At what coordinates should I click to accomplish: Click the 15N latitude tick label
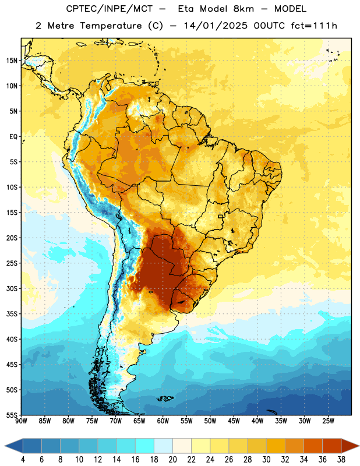pos(12,61)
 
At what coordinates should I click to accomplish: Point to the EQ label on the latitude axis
pos(13,137)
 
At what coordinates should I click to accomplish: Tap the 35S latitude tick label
pos(12,314)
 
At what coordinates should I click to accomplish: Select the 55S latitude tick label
pos(12,415)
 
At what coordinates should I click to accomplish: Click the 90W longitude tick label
pos(21,421)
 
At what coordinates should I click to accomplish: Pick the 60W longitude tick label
pos(163,421)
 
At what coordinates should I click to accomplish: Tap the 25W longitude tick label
pos(328,421)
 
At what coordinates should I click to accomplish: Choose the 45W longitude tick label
pos(234,421)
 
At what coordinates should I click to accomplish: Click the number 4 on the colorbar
pos(23,460)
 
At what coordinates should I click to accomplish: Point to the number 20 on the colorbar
pos(172,460)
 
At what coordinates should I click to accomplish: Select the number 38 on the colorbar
pos(341,460)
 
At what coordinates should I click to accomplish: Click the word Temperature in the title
pos(111,26)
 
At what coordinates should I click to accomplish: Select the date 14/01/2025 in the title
pos(216,26)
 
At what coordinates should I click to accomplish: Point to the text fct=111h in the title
pos(314,26)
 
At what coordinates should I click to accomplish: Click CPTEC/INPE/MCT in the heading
pos(109,9)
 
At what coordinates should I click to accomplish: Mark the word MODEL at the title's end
pos(290,9)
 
